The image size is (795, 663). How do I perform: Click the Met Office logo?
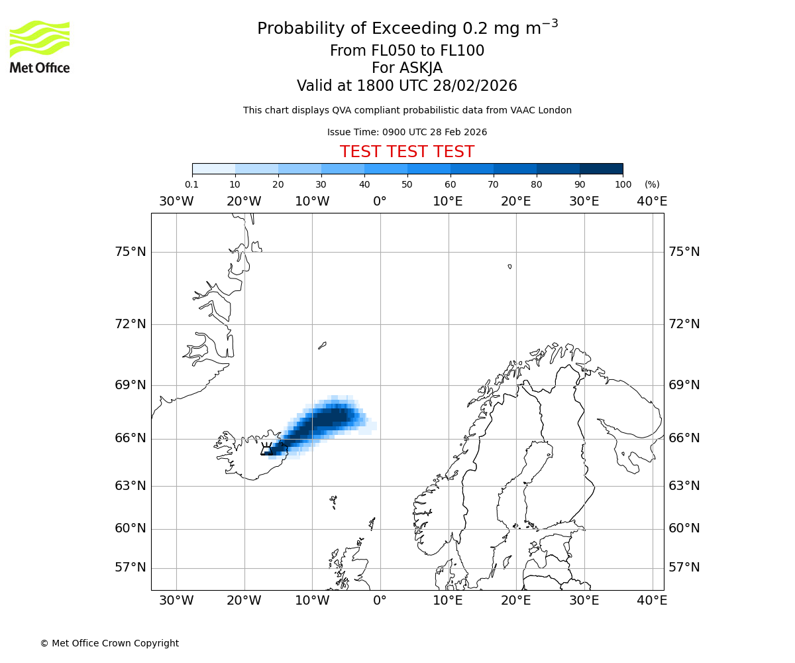(40, 46)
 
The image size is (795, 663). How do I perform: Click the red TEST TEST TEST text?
(407, 152)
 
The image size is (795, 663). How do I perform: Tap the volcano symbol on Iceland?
(267, 450)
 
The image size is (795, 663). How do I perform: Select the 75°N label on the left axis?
(129, 252)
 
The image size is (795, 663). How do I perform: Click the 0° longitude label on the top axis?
(380, 202)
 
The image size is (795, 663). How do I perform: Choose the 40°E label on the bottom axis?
(652, 601)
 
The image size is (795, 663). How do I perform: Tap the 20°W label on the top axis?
(244, 202)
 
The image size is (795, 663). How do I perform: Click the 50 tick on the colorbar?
(407, 185)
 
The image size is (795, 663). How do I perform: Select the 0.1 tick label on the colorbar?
(191, 185)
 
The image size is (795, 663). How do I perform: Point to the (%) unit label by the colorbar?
(652, 185)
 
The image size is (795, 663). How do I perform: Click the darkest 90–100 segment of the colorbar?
(601, 168)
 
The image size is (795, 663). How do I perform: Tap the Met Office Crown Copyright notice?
(109, 643)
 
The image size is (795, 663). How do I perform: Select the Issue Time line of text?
(407, 132)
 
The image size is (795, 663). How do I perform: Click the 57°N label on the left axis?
(129, 568)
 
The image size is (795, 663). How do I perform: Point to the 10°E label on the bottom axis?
(448, 601)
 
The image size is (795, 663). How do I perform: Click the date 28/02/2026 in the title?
(475, 86)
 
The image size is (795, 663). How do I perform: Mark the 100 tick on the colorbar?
(623, 185)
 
